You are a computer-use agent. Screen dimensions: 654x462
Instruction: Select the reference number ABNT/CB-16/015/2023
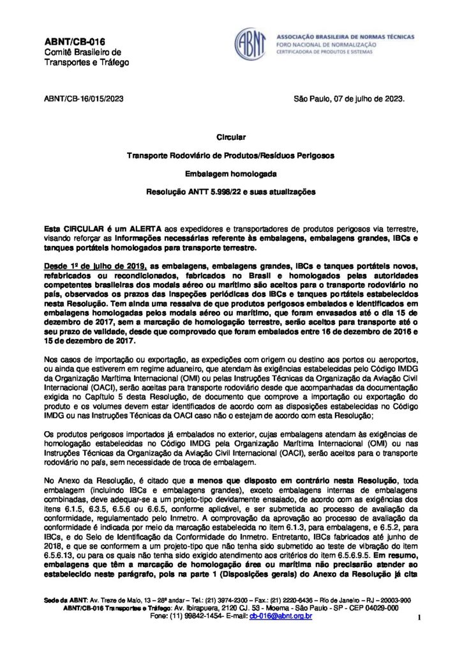83,99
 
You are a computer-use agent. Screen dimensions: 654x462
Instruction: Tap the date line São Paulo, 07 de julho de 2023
348,99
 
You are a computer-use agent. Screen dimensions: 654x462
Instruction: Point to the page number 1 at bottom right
419,618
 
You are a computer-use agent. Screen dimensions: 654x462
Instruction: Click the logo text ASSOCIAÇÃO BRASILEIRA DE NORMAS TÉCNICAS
345,36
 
